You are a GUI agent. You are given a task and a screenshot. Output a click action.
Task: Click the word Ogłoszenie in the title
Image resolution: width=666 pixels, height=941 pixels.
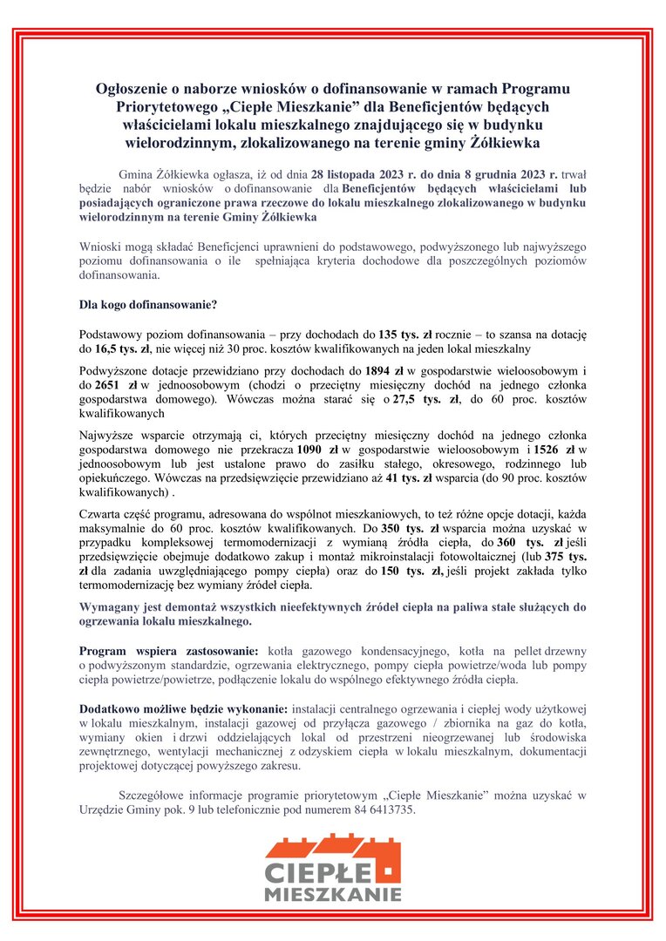click(133, 89)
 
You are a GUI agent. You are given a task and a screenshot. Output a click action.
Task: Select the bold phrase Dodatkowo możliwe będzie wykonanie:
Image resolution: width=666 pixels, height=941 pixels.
click(183, 700)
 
